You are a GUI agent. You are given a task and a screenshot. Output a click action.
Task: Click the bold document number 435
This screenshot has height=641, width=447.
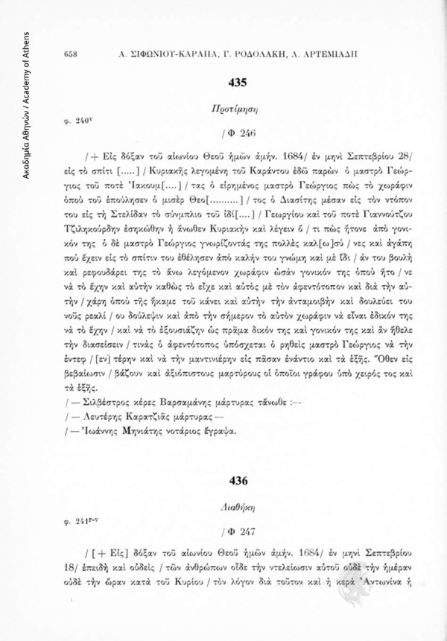(x=243, y=84)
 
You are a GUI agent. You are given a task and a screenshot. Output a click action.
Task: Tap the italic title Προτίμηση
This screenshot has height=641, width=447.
(x=243, y=108)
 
